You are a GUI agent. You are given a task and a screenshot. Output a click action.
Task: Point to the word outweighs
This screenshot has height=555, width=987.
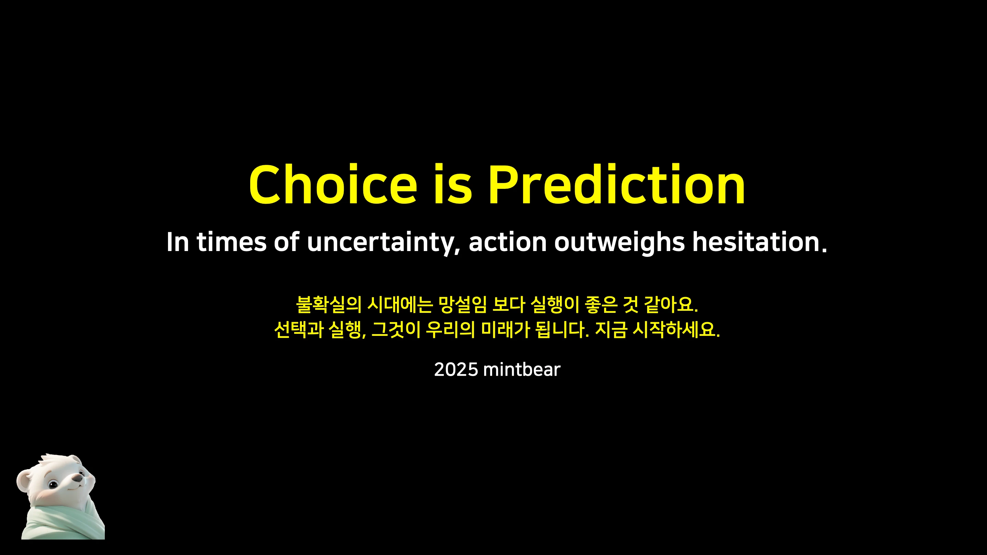pyautogui.click(x=620, y=243)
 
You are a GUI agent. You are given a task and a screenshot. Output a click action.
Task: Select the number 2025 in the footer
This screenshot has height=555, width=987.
pyautogui.click(x=456, y=370)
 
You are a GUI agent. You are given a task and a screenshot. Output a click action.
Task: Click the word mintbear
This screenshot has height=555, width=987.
pyautogui.click(x=522, y=370)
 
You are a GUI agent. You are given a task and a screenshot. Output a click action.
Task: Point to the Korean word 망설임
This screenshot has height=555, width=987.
pyautogui.click(x=463, y=305)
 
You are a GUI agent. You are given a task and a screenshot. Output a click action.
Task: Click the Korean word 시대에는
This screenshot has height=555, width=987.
pyautogui.click(x=400, y=305)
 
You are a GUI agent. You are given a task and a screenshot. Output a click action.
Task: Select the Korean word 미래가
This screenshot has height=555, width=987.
pyautogui.click(x=505, y=329)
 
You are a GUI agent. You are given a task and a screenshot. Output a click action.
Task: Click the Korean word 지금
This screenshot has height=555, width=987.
pyautogui.click(x=611, y=329)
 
